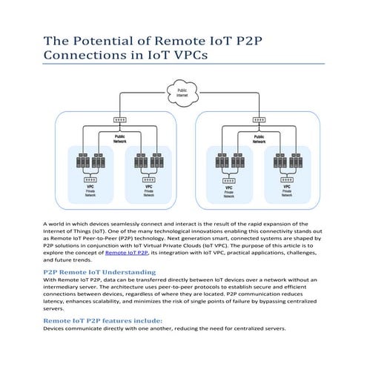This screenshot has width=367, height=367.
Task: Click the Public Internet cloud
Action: (x=183, y=93)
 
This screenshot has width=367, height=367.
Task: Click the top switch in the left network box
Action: (x=119, y=120)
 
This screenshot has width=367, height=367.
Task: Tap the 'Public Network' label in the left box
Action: (x=119, y=139)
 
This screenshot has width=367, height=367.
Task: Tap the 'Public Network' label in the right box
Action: (x=259, y=139)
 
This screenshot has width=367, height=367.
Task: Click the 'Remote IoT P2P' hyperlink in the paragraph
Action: (x=127, y=253)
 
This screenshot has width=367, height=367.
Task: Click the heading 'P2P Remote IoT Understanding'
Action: (x=99, y=272)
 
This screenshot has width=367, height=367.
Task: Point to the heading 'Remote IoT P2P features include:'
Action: (x=102, y=320)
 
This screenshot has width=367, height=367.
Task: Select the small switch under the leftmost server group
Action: (x=90, y=179)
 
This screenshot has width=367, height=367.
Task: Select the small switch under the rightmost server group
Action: (x=286, y=180)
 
